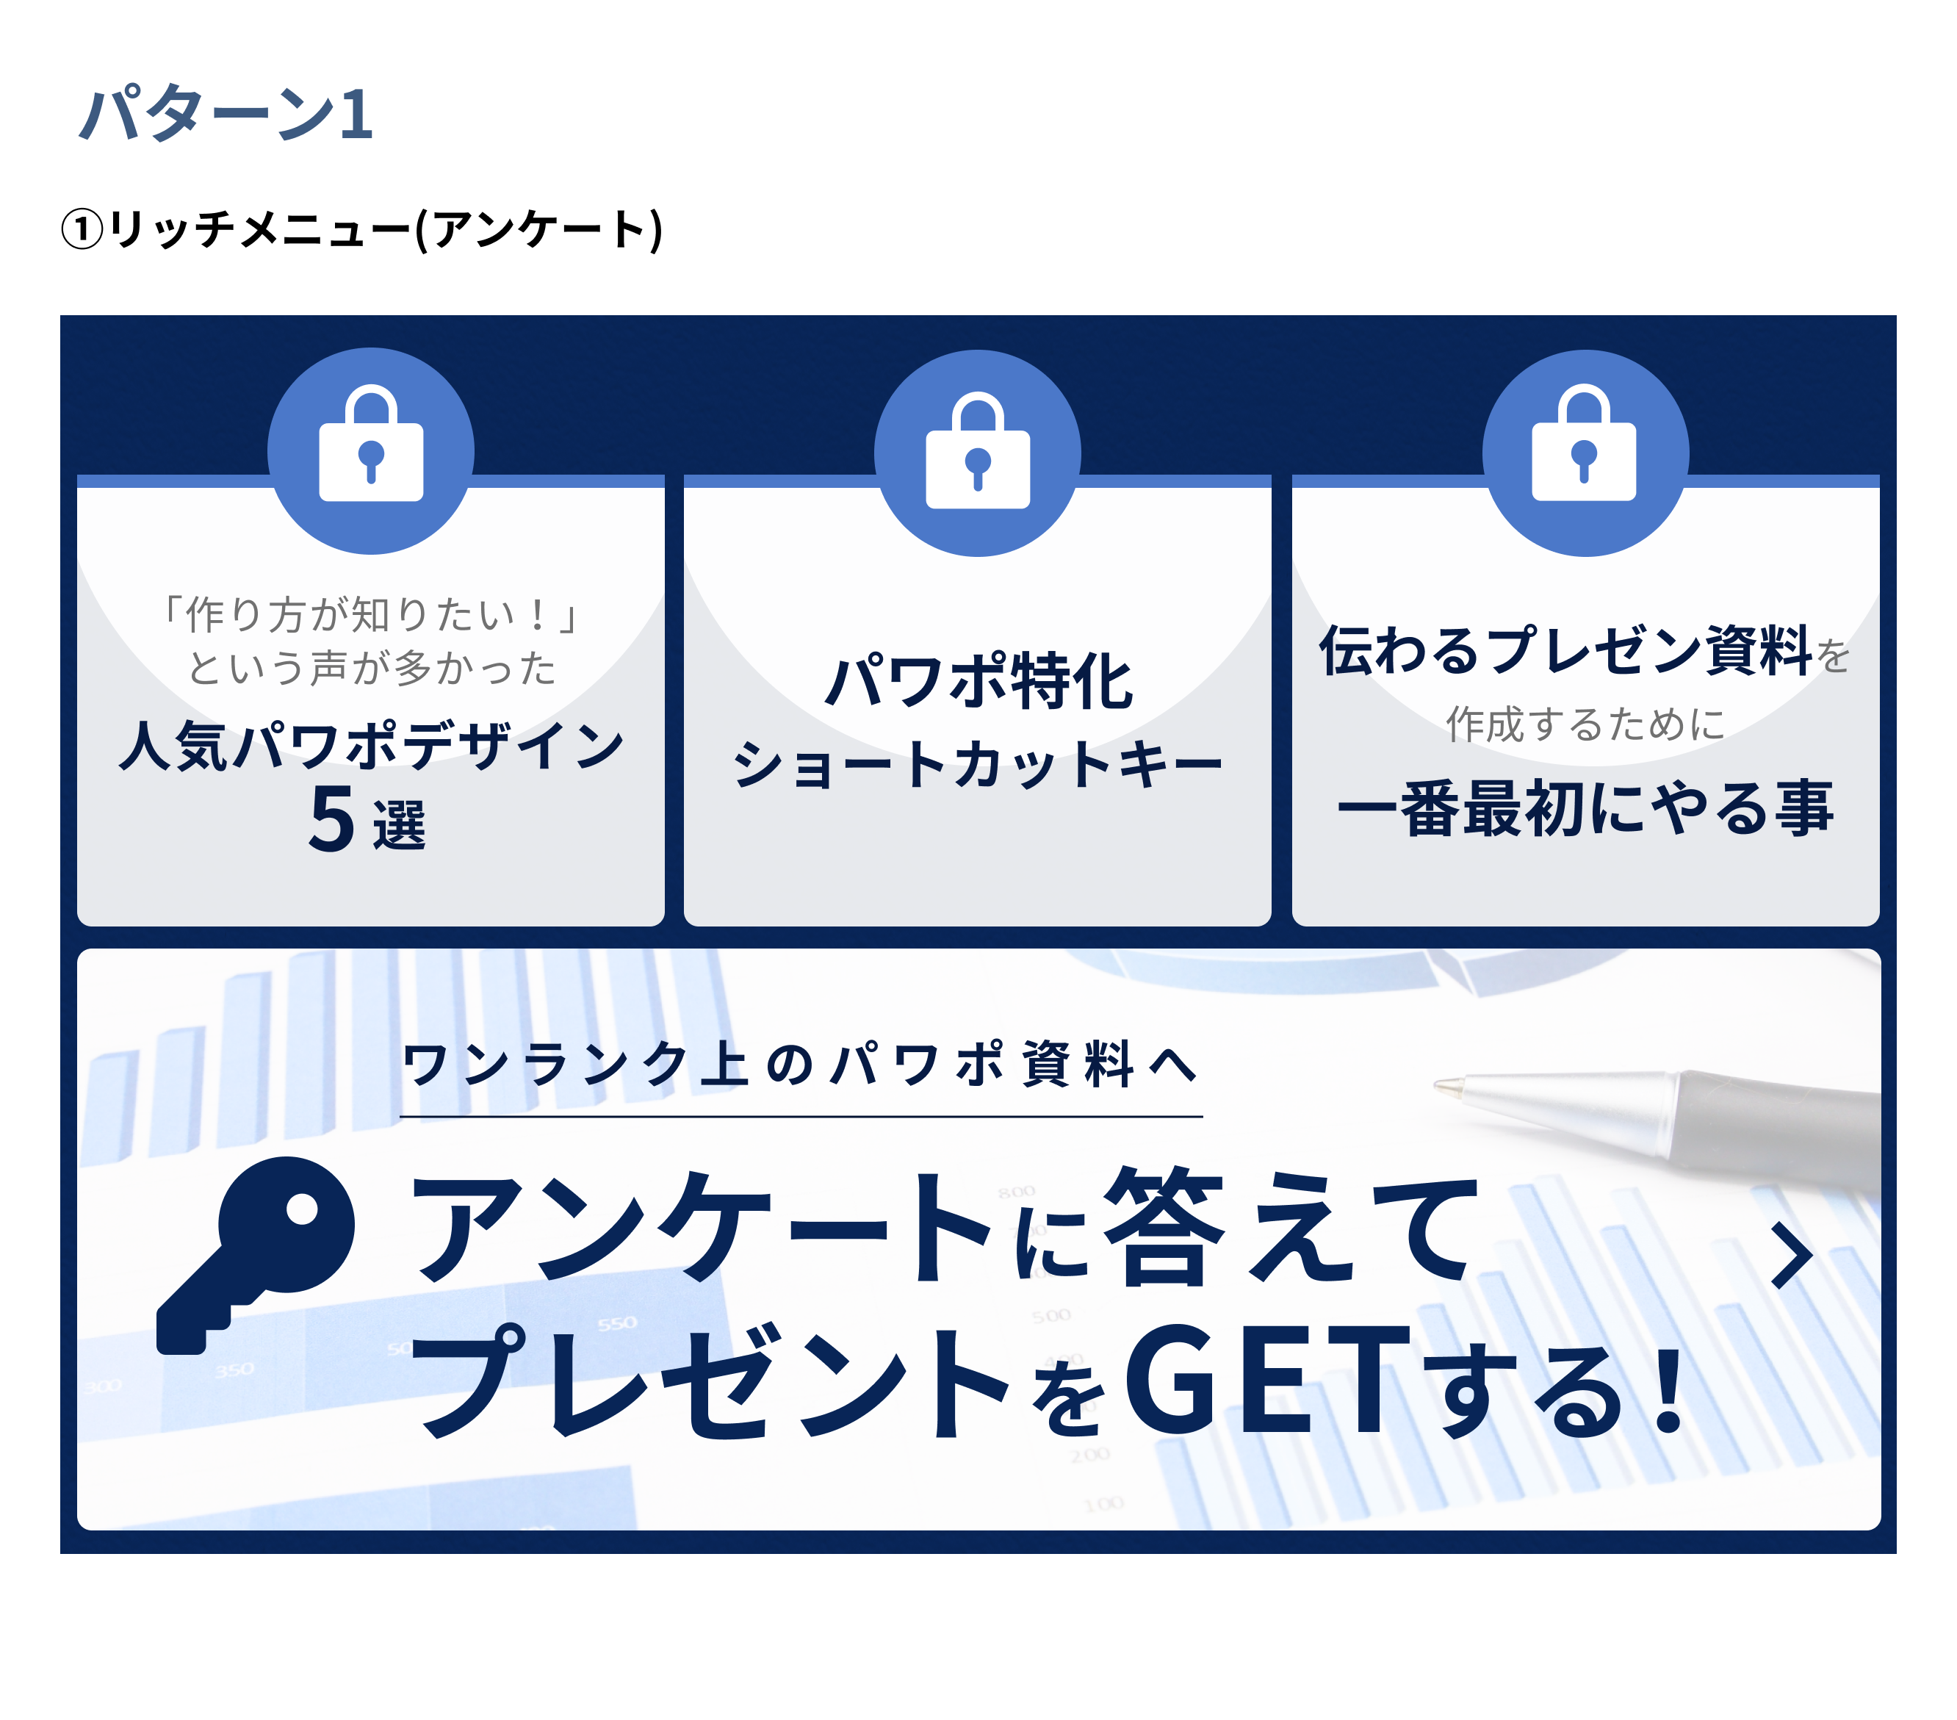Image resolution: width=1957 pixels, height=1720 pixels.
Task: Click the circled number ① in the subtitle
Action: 82,230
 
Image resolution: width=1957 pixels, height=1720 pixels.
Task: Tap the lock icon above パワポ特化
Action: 978,452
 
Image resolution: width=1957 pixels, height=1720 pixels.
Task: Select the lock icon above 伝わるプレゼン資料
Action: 1585,445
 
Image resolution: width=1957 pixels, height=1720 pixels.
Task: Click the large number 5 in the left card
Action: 332,818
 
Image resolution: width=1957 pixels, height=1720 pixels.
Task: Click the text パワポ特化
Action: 978,682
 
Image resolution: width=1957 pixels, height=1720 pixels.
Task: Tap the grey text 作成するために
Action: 1585,724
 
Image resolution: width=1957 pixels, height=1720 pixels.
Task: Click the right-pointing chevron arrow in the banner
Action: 1790,1255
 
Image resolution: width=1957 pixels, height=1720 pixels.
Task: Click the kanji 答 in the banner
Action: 1164,1228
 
